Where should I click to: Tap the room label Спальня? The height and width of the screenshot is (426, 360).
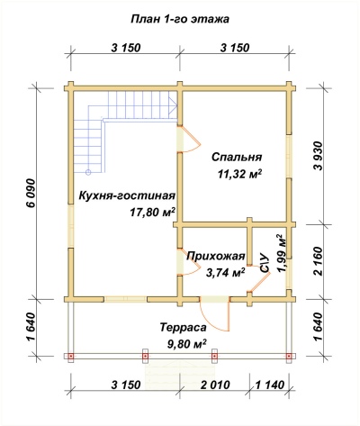(x=237, y=157)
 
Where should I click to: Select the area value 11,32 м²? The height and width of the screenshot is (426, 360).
(x=237, y=174)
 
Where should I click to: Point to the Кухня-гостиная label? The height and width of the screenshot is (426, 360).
(x=127, y=195)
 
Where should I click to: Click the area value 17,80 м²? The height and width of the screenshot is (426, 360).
(x=152, y=212)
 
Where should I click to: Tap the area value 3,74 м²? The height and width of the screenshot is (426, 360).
(x=226, y=271)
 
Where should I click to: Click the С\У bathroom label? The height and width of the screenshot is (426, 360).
(x=265, y=264)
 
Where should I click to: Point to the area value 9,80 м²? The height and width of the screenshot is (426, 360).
(x=184, y=343)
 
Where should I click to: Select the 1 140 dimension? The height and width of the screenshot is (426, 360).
(x=267, y=385)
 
